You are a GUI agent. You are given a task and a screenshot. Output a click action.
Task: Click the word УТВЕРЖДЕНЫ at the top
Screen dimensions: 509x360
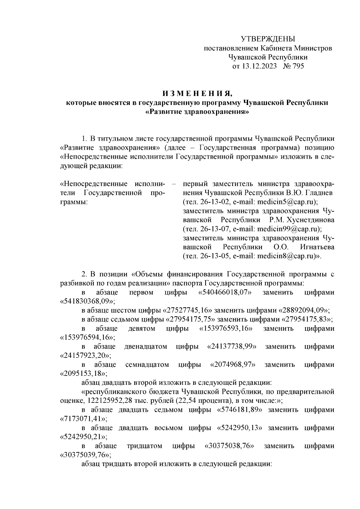268,39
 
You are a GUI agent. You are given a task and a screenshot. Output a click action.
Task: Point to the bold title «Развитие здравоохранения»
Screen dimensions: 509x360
197,112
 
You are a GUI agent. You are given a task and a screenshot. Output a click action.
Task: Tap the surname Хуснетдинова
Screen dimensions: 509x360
310,220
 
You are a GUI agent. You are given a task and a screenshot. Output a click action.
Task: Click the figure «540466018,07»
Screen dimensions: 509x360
225,292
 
